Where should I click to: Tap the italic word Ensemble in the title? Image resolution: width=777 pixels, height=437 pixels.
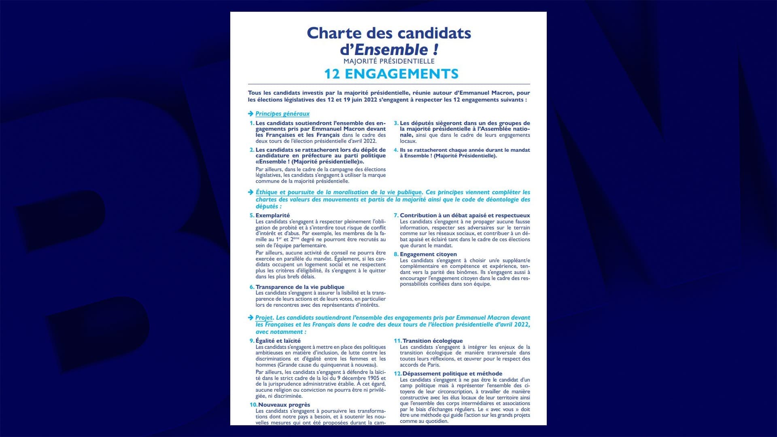pyautogui.click(x=391, y=50)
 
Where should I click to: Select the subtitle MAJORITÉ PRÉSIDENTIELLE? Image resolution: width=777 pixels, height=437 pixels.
pyautogui.click(x=389, y=61)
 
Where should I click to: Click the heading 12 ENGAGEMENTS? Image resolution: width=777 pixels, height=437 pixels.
pyautogui.click(x=391, y=74)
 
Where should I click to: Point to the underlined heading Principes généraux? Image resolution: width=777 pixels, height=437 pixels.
pyautogui.click(x=282, y=114)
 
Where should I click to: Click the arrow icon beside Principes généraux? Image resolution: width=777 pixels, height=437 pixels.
pyautogui.click(x=251, y=114)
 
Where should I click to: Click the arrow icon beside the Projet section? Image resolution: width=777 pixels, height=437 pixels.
pyautogui.click(x=251, y=318)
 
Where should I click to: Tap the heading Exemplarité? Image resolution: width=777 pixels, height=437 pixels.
pyautogui.click(x=272, y=215)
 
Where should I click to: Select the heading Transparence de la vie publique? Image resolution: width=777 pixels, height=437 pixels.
pyautogui.click(x=300, y=287)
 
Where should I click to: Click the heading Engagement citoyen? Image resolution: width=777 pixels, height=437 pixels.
pyautogui.click(x=428, y=254)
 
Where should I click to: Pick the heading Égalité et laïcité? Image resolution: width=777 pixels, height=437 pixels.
pyautogui.click(x=278, y=341)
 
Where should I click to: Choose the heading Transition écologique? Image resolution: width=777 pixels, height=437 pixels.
pyautogui.click(x=432, y=341)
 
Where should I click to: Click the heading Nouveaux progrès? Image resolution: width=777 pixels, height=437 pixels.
pyautogui.click(x=284, y=405)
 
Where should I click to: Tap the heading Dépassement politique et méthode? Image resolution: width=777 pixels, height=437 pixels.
pyautogui.click(x=452, y=373)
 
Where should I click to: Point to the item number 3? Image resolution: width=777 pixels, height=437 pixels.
pyautogui.click(x=396, y=123)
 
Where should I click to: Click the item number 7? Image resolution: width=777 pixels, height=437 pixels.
pyautogui.click(x=396, y=215)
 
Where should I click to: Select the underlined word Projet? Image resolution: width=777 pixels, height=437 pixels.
pyautogui.click(x=264, y=318)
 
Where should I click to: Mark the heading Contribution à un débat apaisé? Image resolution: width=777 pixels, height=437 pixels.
pyautogui.click(x=465, y=215)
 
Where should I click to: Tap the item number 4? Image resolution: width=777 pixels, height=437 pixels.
pyautogui.click(x=396, y=150)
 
